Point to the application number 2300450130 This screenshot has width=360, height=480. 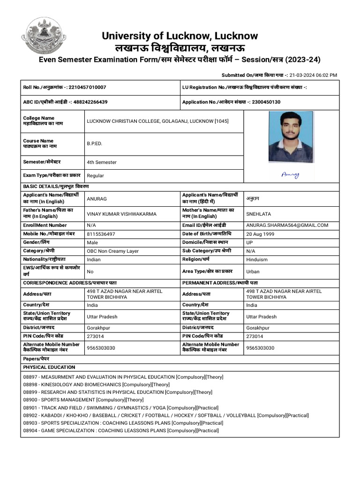coord(264,102)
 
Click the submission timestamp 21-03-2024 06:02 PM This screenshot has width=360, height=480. coord(313,75)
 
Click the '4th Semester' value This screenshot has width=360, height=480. coord(102,162)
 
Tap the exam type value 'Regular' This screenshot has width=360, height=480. coord(96,176)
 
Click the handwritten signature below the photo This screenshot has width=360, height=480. coord(290,175)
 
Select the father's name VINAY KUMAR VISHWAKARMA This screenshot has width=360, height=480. coord(121,214)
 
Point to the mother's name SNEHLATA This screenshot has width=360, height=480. coord(258,214)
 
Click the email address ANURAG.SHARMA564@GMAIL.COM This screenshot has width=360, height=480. coord(287,225)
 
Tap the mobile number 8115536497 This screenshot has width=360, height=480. coord(101,234)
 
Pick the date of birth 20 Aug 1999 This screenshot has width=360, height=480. coord(260,234)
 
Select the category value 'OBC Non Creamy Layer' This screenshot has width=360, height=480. coord(112,251)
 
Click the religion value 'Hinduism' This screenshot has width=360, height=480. coord(257,259)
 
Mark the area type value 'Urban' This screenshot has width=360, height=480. coord(253,271)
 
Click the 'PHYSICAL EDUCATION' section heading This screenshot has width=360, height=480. coord(49,367)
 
